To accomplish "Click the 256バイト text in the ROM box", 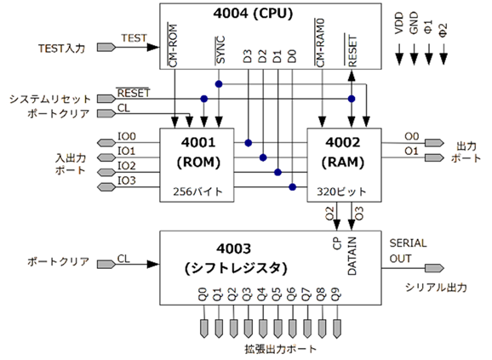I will pos(198,192).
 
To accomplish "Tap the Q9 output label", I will pos(339,300).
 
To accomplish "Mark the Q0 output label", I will pos(203,300).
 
